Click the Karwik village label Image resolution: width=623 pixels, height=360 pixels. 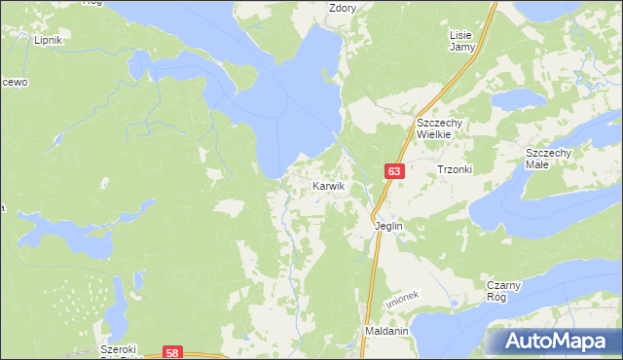click(328, 185)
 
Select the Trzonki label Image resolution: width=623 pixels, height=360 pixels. click(454, 169)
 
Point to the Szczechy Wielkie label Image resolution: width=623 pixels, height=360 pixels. click(444, 128)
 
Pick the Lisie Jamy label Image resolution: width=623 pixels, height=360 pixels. click(460, 40)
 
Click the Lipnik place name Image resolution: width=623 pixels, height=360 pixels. click(48, 40)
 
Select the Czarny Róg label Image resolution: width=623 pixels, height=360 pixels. click(505, 291)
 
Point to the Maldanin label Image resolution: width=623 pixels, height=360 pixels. click(386, 331)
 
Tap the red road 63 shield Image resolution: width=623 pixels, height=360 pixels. click(392, 171)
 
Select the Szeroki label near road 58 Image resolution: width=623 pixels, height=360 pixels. click(121, 349)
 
